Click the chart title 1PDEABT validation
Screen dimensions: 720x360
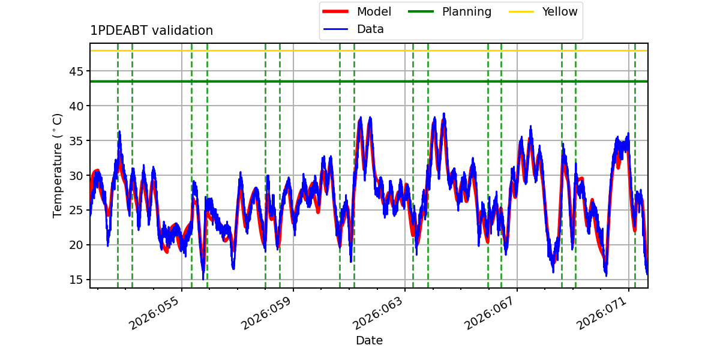pyautogui.click(x=151, y=31)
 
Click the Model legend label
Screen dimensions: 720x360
pyautogui.click(x=374, y=11)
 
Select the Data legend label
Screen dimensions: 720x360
pyautogui.click(x=370, y=29)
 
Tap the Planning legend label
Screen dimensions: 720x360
pyautogui.click(x=467, y=11)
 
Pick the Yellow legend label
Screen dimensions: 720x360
pyautogui.click(x=560, y=11)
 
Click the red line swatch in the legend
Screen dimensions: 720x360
pyautogui.click(x=335, y=11)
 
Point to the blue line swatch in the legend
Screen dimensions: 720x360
pyautogui.click(x=335, y=29)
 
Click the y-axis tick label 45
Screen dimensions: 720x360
pyautogui.click(x=76, y=71)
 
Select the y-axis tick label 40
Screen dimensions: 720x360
pyautogui.click(x=76, y=106)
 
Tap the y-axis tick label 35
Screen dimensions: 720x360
pyautogui.click(x=76, y=141)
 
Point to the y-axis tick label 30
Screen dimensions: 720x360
pyautogui.click(x=76, y=175)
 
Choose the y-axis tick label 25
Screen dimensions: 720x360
pyautogui.click(x=76, y=210)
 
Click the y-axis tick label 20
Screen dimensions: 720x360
pyautogui.click(x=76, y=245)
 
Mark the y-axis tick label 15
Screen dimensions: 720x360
pyautogui.click(x=76, y=280)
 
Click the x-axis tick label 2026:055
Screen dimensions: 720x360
pyautogui.click(x=154, y=313)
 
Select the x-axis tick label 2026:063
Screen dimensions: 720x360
pyautogui.click(x=377, y=313)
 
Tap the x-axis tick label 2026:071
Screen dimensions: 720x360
pyautogui.click(x=602, y=313)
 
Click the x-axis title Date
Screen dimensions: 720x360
pyautogui.click(x=369, y=340)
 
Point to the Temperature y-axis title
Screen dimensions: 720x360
pyautogui.click(x=57, y=166)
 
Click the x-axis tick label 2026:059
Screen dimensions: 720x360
pyautogui.click(x=266, y=313)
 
